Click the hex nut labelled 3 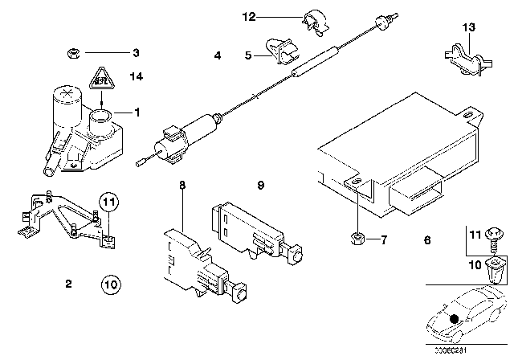(71, 54)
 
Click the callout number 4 (218, 55)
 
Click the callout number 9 (260, 185)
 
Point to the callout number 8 (182, 185)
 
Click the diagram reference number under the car (475, 350)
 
